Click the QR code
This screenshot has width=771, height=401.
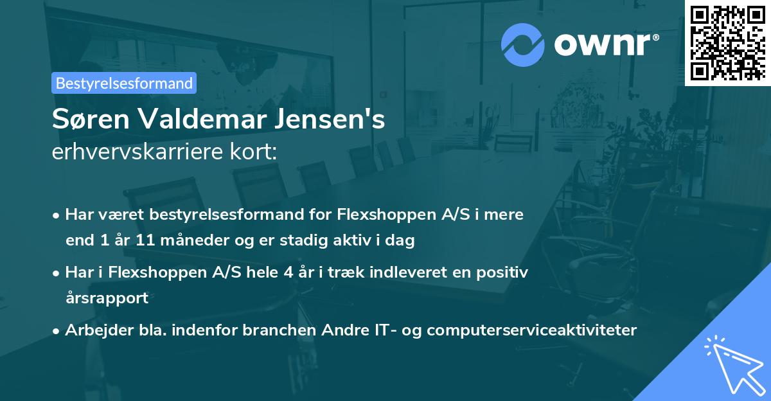tap(727, 43)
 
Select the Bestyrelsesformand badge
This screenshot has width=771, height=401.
tap(124, 83)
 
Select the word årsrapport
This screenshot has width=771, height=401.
tap(107, 298)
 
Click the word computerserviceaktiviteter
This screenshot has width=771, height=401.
tap(531, 330)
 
